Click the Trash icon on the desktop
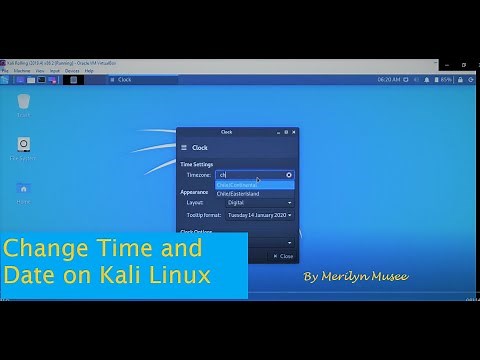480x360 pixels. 21,103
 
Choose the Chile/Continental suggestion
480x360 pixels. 237,185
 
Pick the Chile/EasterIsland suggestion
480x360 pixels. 238,194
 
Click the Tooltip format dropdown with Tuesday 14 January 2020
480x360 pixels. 259,214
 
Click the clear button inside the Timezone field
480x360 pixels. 289,174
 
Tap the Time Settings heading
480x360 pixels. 197,163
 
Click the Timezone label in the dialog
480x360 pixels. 199,175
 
